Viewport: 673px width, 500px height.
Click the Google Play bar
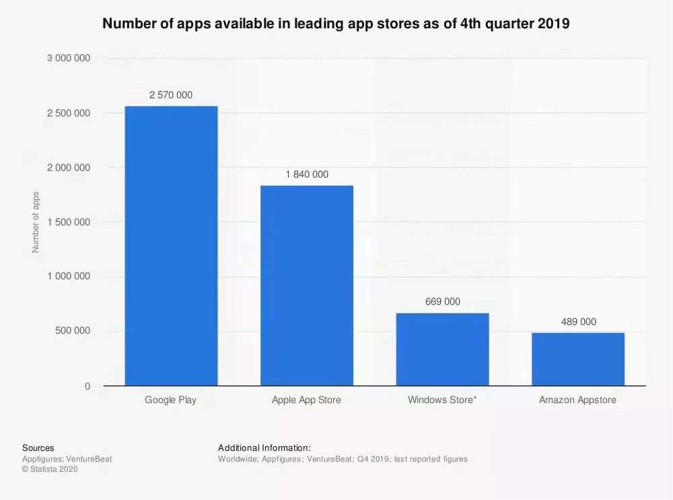tap(171, 246)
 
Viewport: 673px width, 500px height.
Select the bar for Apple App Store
tap(307, 285)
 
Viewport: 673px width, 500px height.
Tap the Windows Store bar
tap(442, 349)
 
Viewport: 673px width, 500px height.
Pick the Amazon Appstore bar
tap(578, 359)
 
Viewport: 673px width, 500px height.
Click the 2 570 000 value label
tap(171, 95)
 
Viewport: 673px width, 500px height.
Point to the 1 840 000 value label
tap(307, 174)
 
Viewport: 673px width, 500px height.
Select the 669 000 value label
tap(443, 301)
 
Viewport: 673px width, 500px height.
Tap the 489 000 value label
tap(579, 322)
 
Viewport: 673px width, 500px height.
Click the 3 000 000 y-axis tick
tap(69, 59)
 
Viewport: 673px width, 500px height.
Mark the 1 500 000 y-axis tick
tap(69, 222)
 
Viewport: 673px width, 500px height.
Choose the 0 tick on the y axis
tap(87, 386)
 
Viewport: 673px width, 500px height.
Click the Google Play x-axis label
tap(171, 400)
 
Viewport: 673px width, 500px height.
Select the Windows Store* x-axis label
tap(442, 400)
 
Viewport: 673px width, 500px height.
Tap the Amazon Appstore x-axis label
tap(578, 400)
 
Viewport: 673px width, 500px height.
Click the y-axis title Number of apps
tap(36, 222)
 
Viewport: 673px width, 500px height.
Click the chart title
tap(336, 24)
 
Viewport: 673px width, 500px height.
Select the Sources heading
tap(38, 448)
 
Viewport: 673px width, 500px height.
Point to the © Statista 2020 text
tap(50, 470)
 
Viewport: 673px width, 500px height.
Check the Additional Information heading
tap(264, 448)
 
